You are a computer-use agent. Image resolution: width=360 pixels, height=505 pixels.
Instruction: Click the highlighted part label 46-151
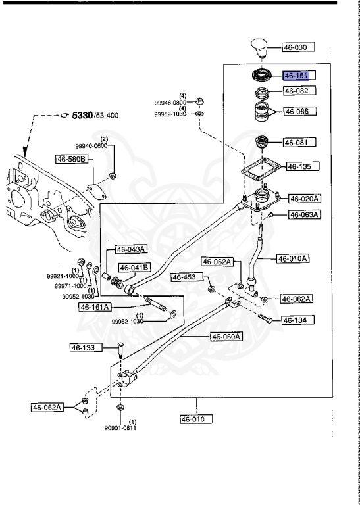(x=299, y=76)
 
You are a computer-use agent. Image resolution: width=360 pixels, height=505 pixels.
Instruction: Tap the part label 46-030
(x=299, y=47)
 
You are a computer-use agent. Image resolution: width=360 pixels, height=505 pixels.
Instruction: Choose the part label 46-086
(x=299, y=112)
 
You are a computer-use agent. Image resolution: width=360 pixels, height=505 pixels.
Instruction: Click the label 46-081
(x=299, y=142)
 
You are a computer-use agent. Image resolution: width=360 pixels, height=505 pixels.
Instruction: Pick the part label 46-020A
(x=305, y=198)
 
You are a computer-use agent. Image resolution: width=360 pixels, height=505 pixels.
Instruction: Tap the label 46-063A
(x=305, y=214)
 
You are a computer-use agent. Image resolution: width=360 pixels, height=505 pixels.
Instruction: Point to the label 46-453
(x=185, y=277)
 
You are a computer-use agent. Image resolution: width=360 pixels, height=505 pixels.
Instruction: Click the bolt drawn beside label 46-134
(x=267, y=318)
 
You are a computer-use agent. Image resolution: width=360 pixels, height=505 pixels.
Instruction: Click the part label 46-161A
(x=96, y=306)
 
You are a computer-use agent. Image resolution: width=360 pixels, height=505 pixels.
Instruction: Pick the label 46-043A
(x=132, y=249)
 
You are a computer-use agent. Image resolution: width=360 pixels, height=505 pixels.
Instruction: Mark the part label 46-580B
(x=72, y=158)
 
